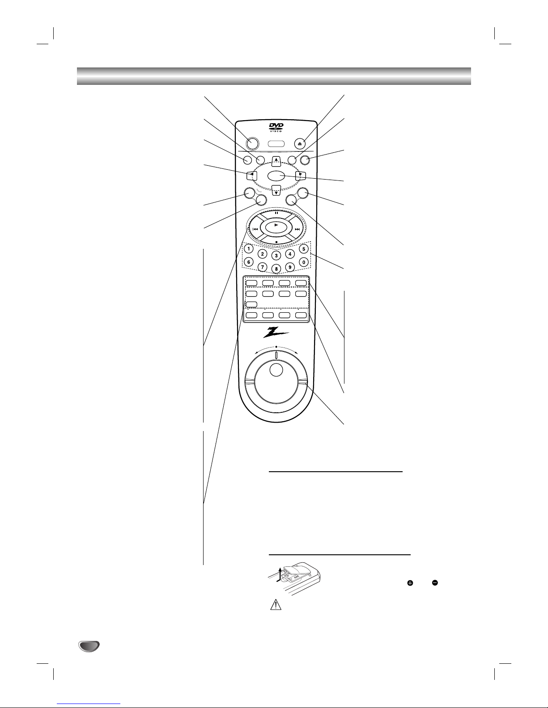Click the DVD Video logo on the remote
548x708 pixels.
point(276,127)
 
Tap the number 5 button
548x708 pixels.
point(303,248)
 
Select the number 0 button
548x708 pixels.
point(303,262)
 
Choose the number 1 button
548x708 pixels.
point(249,248)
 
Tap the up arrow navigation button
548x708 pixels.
point(276,159)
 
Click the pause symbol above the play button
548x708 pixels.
point(276,213)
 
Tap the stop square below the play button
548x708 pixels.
point(276,242)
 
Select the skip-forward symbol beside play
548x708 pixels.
point(297,229)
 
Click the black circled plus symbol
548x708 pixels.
point(409,583)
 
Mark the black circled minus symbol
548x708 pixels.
point(435,583)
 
